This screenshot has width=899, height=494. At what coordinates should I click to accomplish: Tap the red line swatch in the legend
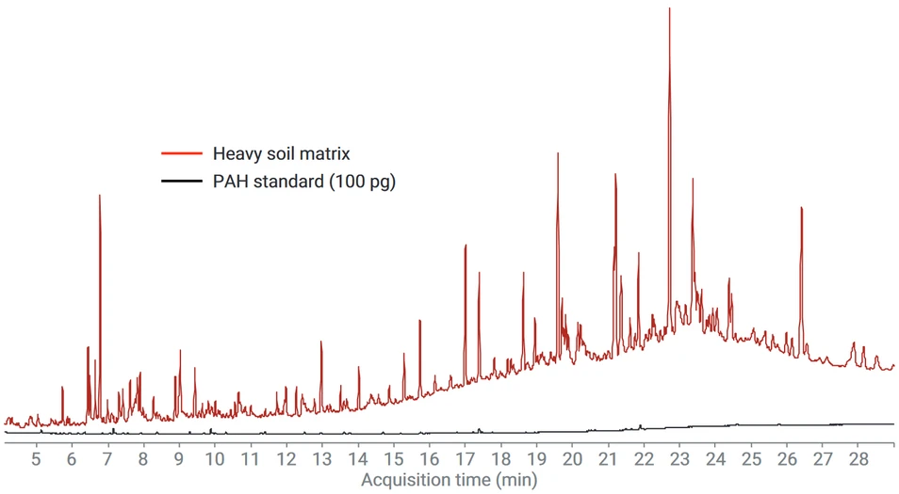pos(182,152)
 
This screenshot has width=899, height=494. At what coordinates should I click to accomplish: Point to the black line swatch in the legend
pos(182,182)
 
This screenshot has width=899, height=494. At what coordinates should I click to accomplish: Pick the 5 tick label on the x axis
pos(37,458)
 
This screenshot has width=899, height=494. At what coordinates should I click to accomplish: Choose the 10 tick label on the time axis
pos(215,458)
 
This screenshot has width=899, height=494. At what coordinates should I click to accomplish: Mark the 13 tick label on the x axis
pos(322,458)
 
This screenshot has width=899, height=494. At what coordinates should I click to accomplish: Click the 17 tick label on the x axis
pos(466,458)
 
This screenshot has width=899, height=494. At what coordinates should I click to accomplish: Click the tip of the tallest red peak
pos(669,8)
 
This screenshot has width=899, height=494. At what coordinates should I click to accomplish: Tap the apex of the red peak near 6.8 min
pos(99,196)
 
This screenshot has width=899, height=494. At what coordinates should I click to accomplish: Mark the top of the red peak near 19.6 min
pos(558,153)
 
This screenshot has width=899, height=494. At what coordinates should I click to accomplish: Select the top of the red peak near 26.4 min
pos(801,208)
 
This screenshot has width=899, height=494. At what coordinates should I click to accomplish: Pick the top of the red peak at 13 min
pos(321,342)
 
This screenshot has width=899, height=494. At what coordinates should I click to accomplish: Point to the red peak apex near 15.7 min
pos(419,321)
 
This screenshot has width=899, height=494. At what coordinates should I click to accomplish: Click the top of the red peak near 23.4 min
pos(693,179)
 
